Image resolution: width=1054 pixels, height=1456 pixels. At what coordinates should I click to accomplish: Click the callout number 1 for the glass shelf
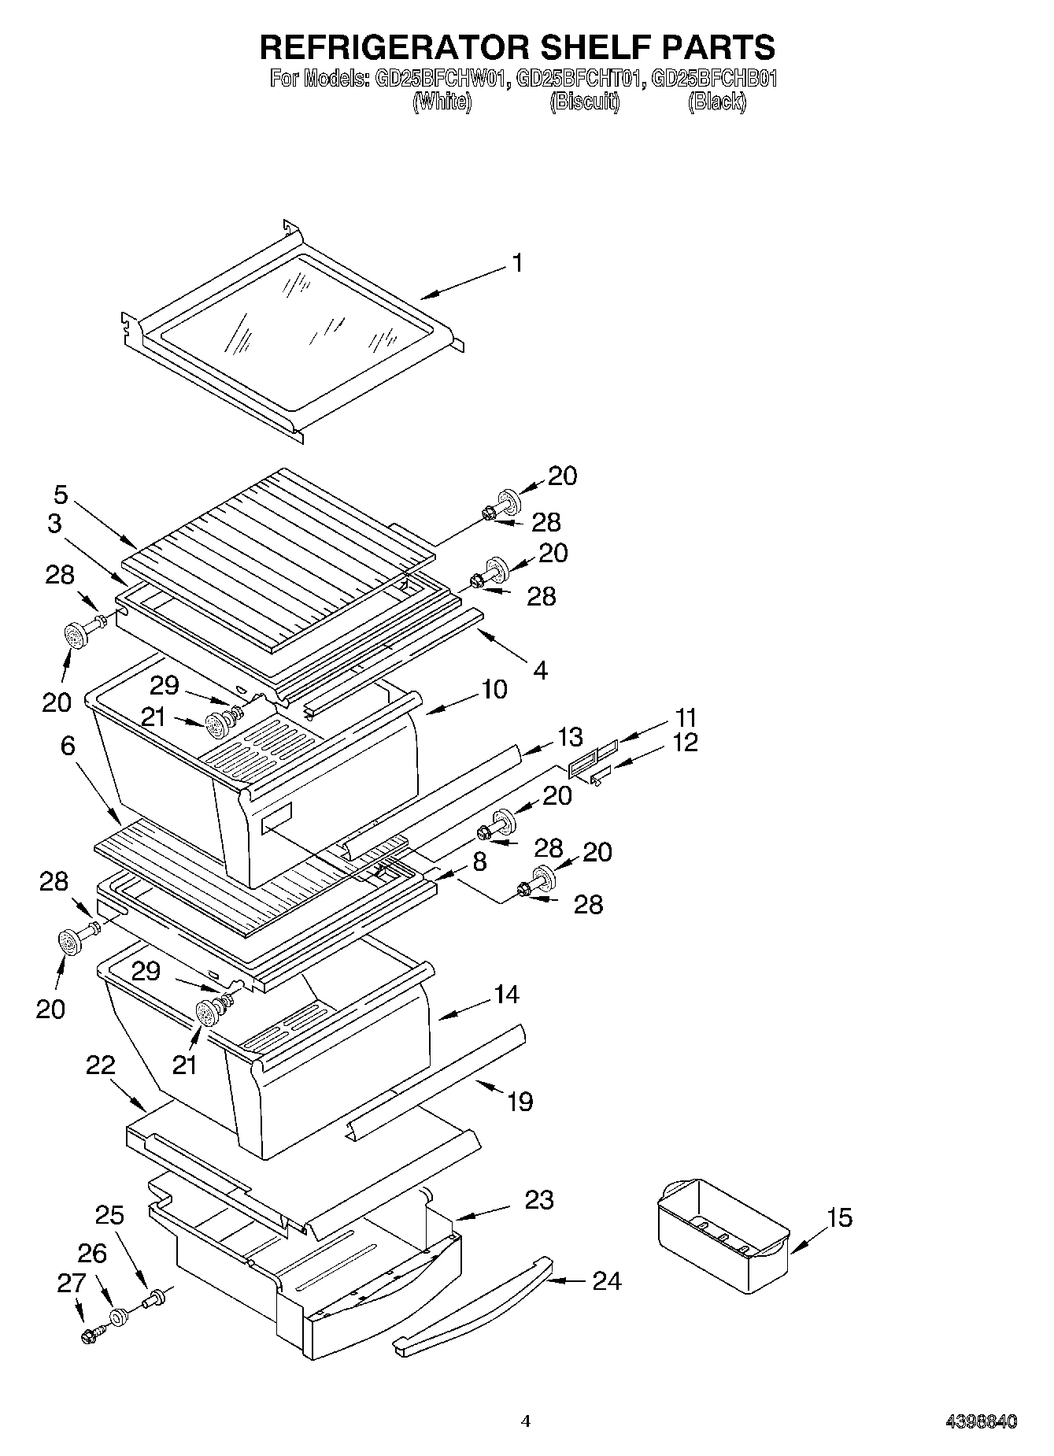click(x=516, y=263)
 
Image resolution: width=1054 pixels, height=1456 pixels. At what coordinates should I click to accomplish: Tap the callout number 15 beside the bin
click(x=840, y=1218)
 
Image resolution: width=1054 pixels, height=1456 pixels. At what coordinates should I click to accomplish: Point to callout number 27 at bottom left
click(x=70, y=1284)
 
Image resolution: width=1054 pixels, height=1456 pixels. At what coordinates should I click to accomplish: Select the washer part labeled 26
click(x=118, y=1317)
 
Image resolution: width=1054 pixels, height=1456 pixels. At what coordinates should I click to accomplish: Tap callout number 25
click(x=109, y=1215)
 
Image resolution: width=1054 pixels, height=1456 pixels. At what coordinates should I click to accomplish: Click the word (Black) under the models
click(x=716, y=102)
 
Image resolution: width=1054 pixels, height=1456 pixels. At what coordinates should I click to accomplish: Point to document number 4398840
click(x=981, y=1422)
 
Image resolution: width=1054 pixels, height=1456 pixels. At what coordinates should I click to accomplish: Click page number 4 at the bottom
click(x=526, y=1421)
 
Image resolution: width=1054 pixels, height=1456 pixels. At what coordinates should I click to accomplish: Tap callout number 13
click(x=570, y=737)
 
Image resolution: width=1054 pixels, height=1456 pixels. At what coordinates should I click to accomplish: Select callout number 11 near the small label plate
click(x=685, y=717)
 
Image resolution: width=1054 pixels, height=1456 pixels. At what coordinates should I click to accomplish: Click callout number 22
click(x=101, y=1065)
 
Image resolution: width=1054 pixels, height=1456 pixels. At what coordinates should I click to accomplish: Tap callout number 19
click(x=520, y=1101)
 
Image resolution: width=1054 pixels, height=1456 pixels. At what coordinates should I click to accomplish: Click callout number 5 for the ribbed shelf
click(x=61, y=495)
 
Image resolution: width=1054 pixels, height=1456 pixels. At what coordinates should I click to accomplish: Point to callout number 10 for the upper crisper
click(x=494, y=689)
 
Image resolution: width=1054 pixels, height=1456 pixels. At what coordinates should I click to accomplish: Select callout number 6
click(x=68, y=745)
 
